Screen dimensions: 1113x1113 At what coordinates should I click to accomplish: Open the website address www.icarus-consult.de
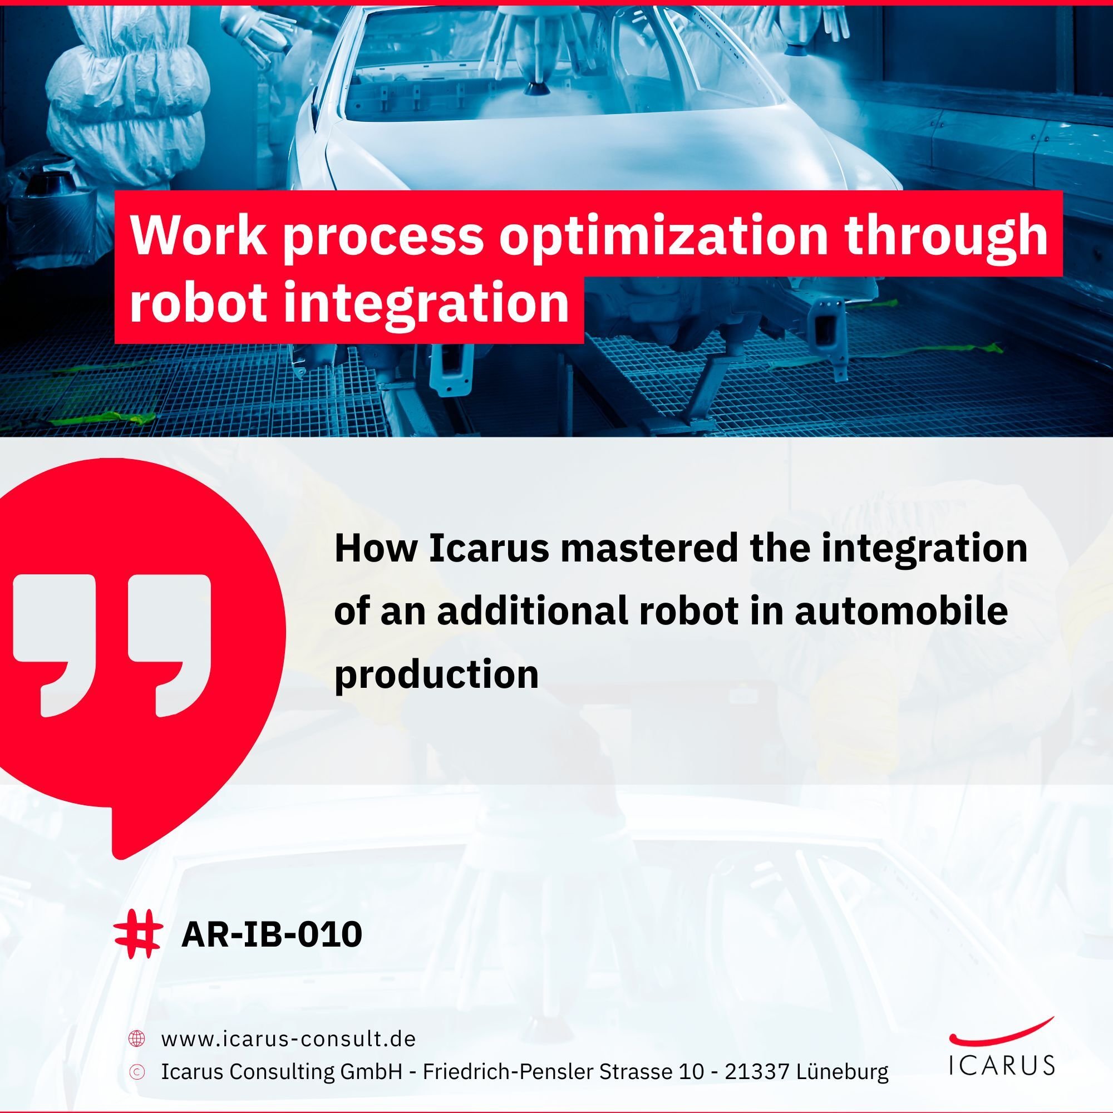pyautogui.click(x=288, y=1038)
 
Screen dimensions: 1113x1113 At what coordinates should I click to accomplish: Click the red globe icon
pyautogui.click(x=136, y=1038)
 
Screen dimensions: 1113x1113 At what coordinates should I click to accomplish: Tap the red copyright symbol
pyautogui.click(x=136, y=1071)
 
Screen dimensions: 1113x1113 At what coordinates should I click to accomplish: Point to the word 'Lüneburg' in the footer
pyautogui.click(x=842, y=1071)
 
